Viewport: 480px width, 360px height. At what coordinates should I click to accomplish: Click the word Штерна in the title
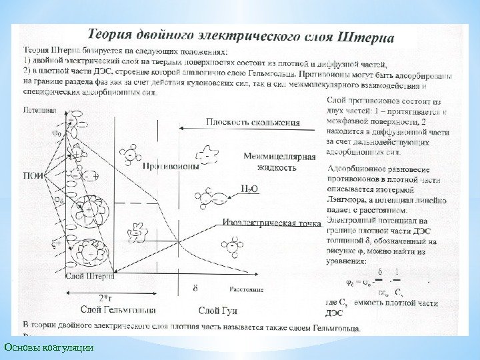point(368,34)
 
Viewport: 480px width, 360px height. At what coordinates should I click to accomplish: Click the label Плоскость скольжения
point(253,122)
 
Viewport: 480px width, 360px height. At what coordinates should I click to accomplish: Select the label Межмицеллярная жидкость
point(279,162)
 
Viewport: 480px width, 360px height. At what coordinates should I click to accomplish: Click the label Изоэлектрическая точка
point(273,223)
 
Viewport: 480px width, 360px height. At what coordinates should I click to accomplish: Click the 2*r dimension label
point(105,298)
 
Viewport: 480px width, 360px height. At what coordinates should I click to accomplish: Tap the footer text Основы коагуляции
point(49,347)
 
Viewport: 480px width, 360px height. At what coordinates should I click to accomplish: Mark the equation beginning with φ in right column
point(381,281)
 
